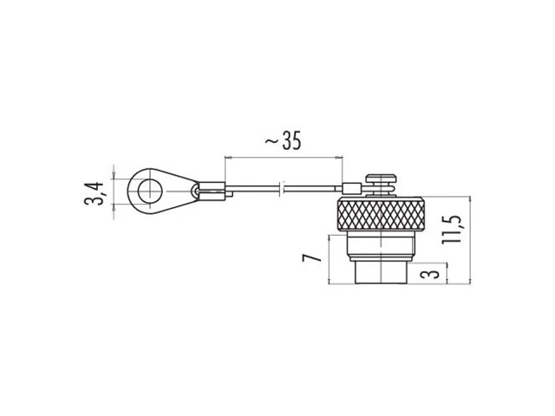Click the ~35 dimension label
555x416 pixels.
(x=284, y=140)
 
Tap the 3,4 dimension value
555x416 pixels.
(x=94, y=193)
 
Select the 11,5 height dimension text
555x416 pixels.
(x=452, y=228)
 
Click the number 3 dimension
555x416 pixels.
(x=430, y=273)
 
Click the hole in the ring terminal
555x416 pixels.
(x=150, y=192)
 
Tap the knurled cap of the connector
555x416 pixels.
(x=381, y=214)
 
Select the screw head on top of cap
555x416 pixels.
(x=382, y=179)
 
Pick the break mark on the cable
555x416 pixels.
(x=282, y=189)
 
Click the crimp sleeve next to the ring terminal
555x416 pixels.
(x=212, y=192)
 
